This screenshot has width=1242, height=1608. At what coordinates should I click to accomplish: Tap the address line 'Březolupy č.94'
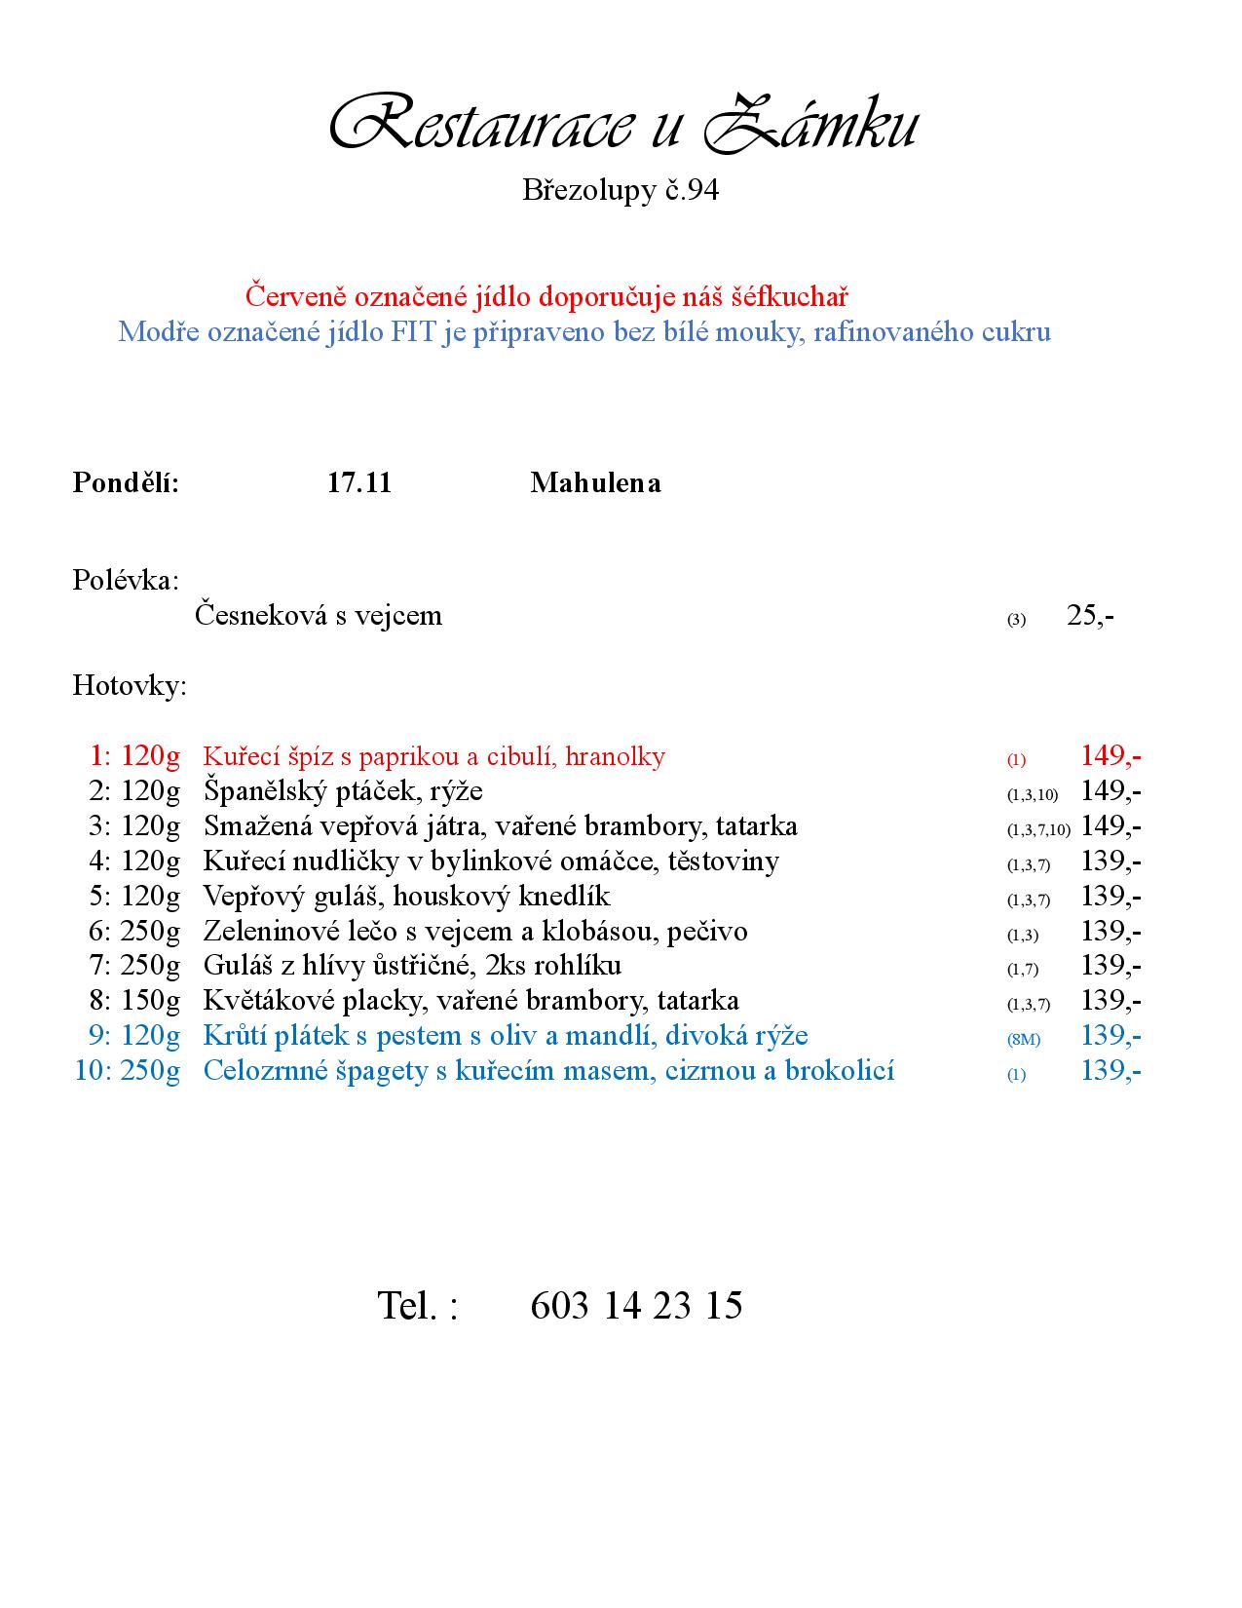(x=621, y=189)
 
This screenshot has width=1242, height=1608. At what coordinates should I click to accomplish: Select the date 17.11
(x=359, y=482)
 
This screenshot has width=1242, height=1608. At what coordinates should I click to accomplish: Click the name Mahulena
(x=595, y=482)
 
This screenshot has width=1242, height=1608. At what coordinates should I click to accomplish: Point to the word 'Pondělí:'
(x=126, y=482)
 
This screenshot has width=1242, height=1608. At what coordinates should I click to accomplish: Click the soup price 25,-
(x=1090, y=616)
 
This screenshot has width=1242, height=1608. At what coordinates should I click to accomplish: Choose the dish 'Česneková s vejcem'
(x=319, y=616)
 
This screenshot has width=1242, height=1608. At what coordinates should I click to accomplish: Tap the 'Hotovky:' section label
(x=130, y=686)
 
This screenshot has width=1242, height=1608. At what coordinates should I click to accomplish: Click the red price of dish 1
(x=1110, y=755)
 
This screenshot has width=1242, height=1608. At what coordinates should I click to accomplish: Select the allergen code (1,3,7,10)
(x=1038, y=830)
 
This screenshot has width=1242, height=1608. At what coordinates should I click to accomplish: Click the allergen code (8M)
(x=1024, y=1040)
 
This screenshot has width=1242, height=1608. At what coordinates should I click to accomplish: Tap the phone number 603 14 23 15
(x=636, y=1305)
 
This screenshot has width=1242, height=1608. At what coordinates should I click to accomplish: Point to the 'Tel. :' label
(x=417, y=1305)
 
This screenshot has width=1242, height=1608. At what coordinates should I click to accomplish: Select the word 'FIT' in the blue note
(x=414, y=332)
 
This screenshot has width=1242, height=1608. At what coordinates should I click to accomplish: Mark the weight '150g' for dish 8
(x=151, y=1001)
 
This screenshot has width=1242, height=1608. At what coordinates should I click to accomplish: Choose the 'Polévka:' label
(x=126, y=581)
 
